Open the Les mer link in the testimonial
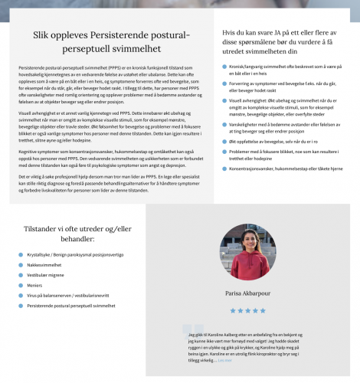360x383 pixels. coord(224,360)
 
